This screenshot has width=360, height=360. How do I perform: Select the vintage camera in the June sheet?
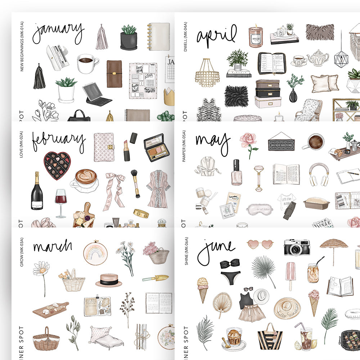[x=297, y=248]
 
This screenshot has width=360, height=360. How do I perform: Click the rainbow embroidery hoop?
[x=95, y=253]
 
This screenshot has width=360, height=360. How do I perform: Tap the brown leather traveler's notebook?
[x=114, y=73]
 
